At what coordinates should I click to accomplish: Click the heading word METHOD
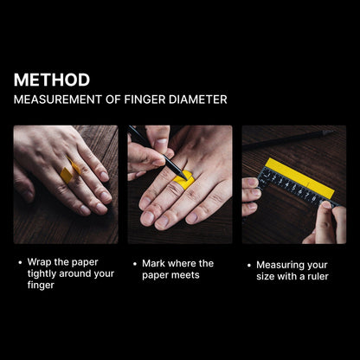[52, 80]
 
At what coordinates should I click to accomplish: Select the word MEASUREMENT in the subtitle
[58, 100]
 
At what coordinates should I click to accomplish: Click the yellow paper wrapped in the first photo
[70, 171]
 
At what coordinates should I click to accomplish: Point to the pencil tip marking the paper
[185, 178]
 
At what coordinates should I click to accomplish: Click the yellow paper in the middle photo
[183, 179]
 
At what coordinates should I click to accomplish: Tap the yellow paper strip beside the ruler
[299, 177]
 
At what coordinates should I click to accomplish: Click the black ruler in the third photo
[297, 189]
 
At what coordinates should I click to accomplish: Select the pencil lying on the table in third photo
[288, 140]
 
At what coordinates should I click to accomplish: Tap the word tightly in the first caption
[42, 274]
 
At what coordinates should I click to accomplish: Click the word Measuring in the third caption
[276, 266]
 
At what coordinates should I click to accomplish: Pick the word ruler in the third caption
[318, 276]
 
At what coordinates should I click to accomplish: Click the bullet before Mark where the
[135, 264]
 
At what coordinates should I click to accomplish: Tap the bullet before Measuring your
[249, 266]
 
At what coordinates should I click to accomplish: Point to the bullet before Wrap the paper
[20, 263]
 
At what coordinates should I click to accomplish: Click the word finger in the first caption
[41, 286]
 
